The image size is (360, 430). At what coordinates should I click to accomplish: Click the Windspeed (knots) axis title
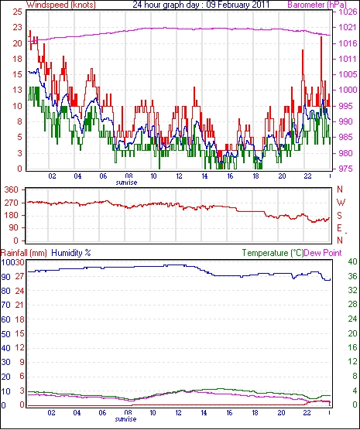[x=61, y=5]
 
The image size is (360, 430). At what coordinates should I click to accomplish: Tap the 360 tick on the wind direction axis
[x=12, y=189]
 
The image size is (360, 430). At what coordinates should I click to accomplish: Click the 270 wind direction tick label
[x=12, y=203]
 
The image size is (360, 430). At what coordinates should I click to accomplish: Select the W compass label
[x=341, y=203]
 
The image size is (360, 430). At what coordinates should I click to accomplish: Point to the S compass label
[x=340, y=216]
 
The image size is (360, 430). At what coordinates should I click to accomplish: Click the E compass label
[x=339, y=228]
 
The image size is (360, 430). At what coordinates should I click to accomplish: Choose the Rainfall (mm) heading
[x=24, y=253]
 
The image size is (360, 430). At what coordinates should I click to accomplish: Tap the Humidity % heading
[x=71, y=253]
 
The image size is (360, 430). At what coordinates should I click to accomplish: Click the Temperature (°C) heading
[x=273, y=253]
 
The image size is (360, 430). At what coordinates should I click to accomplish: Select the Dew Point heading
[x=323, y=253]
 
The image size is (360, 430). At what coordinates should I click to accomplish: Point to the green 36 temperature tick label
[x=352, y=276]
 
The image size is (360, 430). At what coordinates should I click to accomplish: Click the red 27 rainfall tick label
[x=19, y=276]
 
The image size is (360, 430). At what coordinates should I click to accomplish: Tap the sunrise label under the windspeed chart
[x=126, y=183]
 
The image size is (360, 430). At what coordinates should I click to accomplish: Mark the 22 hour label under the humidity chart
[x=307, y=413]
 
